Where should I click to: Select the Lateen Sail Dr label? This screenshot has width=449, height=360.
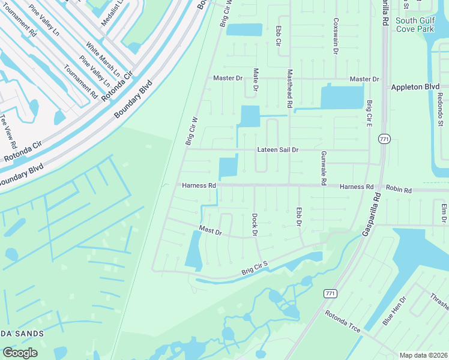coord(277,149)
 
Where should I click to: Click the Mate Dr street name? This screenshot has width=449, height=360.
coord(256,80)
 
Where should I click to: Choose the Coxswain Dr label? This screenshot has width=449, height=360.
coord(334,25)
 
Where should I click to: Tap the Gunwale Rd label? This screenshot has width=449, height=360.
coord(323,167)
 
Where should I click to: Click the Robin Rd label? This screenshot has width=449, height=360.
coord(399,190)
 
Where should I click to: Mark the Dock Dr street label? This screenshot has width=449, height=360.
coord(255,224)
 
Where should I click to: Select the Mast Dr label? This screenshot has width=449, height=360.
coord(211,230)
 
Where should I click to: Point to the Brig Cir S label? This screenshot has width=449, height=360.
coord(255,266)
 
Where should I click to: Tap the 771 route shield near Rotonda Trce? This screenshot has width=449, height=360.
coord(329,293)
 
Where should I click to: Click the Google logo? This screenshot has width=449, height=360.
coord(20,352)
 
